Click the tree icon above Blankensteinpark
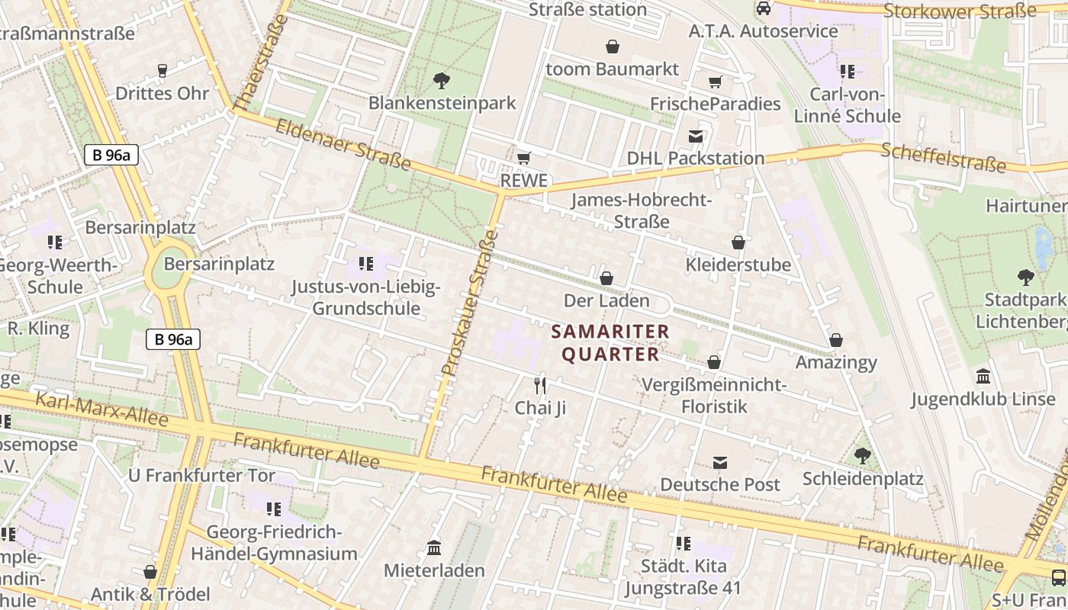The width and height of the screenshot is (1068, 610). pos(441,80)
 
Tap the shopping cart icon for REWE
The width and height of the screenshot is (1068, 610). pos(523,159)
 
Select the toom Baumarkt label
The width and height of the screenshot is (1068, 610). pos(612,69)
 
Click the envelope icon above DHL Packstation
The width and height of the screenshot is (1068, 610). pos(696,136)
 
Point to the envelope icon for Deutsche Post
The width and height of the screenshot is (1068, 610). pos(720,462)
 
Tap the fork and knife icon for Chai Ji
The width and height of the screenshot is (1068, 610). pos(540,385)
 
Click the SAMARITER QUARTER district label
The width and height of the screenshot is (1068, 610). pos(610,343)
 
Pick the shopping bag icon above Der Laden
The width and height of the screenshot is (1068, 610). pos(606,278)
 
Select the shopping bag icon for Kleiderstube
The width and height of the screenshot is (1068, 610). pos(738,242)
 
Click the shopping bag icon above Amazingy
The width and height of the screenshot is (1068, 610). pos(836,340)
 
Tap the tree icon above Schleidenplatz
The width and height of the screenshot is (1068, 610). pos(863,456)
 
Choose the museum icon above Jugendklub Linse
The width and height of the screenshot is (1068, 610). pos(983,377)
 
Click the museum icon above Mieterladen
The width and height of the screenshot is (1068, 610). pos(434,547)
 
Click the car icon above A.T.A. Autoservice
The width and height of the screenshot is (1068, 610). pos(763,9)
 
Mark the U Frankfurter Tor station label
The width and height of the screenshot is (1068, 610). pos(201,476)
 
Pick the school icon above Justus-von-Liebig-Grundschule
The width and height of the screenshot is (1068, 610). pos(366,265)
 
